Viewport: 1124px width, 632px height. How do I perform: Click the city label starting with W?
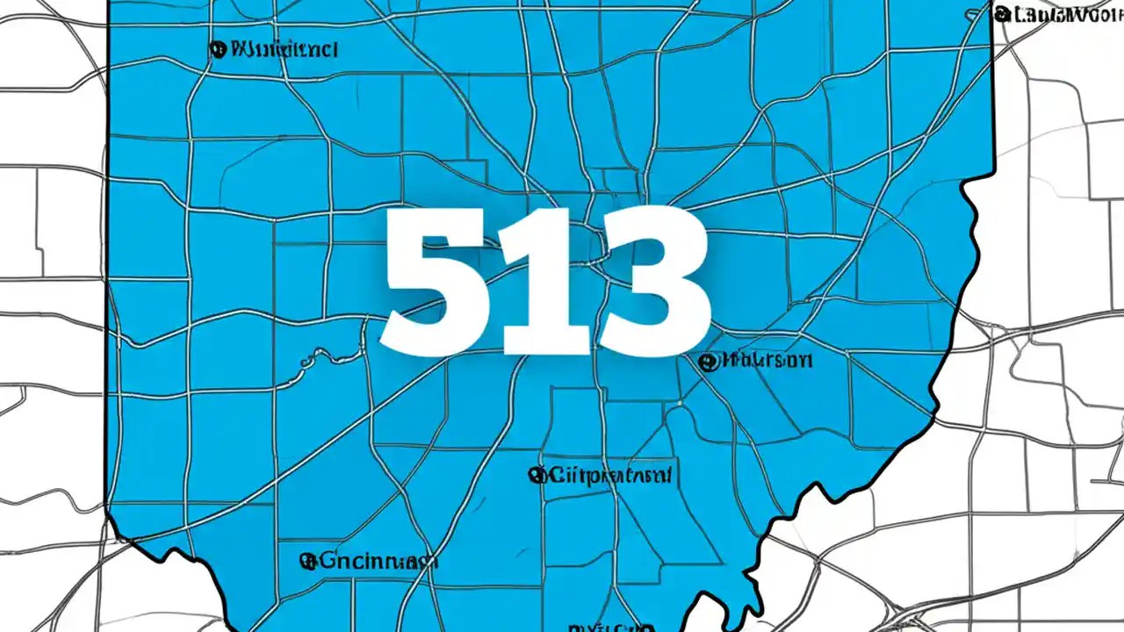pyautogui.click(x=281, y=49)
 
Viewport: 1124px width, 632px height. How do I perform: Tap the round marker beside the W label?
pyautogui.click(x=216, y=49)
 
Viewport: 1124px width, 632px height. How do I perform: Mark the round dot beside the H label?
pyautogui.click(x=706, y=361)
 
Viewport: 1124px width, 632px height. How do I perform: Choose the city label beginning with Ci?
pyautogui.click(x=609, y=477)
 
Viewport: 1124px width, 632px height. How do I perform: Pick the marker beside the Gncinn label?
pyautogui.click(x=307, y=560)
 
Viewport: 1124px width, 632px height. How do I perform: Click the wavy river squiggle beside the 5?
pyautogui.click(x=321, y=355)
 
